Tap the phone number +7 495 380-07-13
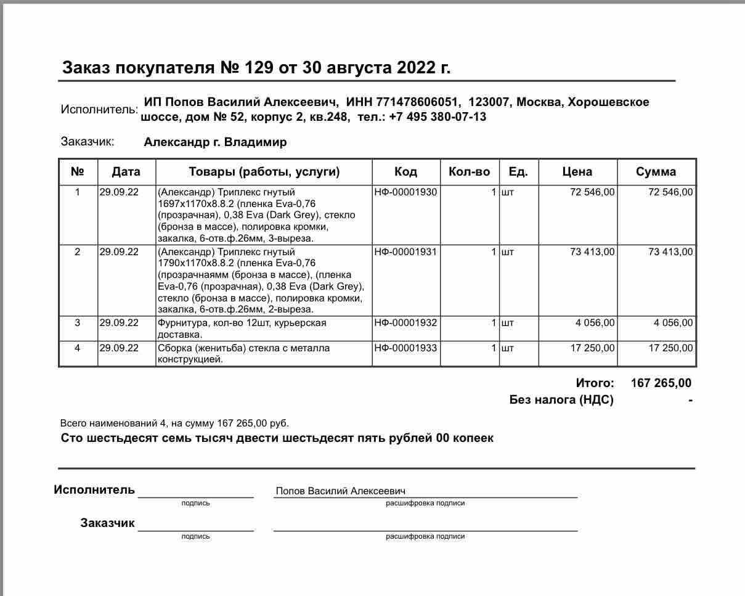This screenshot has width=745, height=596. coord(438,116)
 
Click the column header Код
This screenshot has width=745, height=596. coord(405,171)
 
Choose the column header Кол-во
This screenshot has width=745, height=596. coord(470,171)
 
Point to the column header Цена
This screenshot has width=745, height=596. coord(577,171)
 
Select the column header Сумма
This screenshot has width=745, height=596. coord(656,171)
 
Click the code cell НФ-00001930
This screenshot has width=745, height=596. coord(405,192)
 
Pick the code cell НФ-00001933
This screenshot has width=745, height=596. coord(405,348)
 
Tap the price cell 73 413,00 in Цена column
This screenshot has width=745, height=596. coord(592,251)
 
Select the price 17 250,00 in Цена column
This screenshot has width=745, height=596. coord(592,348)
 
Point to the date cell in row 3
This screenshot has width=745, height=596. coord(119,322)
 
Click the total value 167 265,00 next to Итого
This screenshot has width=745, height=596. coord(661,383)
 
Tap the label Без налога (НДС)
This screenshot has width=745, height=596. coord(561,399)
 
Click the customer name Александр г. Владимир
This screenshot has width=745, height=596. coord(215,142)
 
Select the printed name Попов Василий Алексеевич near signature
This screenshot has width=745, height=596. coord(340,491)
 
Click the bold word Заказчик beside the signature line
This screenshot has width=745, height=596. coord(107,523)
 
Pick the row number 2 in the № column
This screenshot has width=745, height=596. coord(77,251)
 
